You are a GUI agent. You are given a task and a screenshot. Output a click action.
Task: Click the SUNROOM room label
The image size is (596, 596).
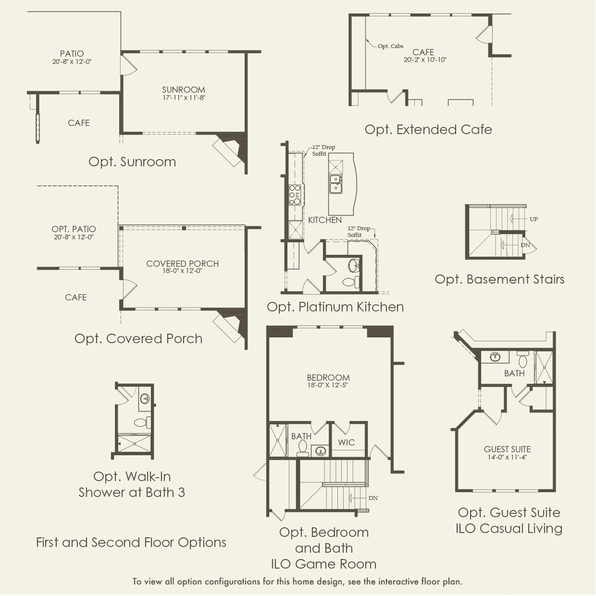[x=184, y=90]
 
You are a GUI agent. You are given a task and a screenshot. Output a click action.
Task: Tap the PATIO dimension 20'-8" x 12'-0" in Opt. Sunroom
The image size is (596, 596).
[x=72, y=62]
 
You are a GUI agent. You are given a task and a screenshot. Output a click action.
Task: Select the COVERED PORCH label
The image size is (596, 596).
[x=182, y=263]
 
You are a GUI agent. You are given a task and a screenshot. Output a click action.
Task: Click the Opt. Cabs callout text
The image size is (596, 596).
[x=390, y=46]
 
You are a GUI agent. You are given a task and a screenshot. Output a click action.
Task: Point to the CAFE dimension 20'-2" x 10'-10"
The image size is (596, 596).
[x=425, y=60]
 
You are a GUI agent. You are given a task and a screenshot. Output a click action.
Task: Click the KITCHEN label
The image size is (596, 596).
[x=325, y=220]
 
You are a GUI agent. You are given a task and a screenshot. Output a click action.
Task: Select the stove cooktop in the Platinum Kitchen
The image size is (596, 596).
[x=295, y=195]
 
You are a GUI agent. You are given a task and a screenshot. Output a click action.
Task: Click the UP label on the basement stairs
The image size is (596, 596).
[x=534, y=219]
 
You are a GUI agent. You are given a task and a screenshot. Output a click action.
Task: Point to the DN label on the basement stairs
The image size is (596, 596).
[x=525, y=245]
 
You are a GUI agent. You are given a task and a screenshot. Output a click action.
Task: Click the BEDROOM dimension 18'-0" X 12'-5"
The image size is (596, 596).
[x=328, y=385]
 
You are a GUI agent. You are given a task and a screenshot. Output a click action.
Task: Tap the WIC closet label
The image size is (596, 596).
[x=346, y=442]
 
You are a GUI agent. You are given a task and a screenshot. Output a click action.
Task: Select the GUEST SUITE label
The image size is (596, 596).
[x=507, y=449]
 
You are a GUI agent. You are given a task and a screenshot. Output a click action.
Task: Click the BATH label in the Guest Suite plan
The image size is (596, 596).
[x=514, y=373]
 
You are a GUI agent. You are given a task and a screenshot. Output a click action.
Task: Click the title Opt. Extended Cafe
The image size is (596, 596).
[x=428, y=129]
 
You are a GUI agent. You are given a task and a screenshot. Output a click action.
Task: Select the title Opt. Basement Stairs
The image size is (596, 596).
[x=499, y=279]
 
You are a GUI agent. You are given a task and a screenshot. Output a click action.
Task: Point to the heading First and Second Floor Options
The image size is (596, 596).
[x=131, y=542]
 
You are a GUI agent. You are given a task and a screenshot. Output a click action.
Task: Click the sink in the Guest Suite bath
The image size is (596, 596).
[x=495, y=357]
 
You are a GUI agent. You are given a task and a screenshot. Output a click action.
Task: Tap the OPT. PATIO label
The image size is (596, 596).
[x=74, y=229]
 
